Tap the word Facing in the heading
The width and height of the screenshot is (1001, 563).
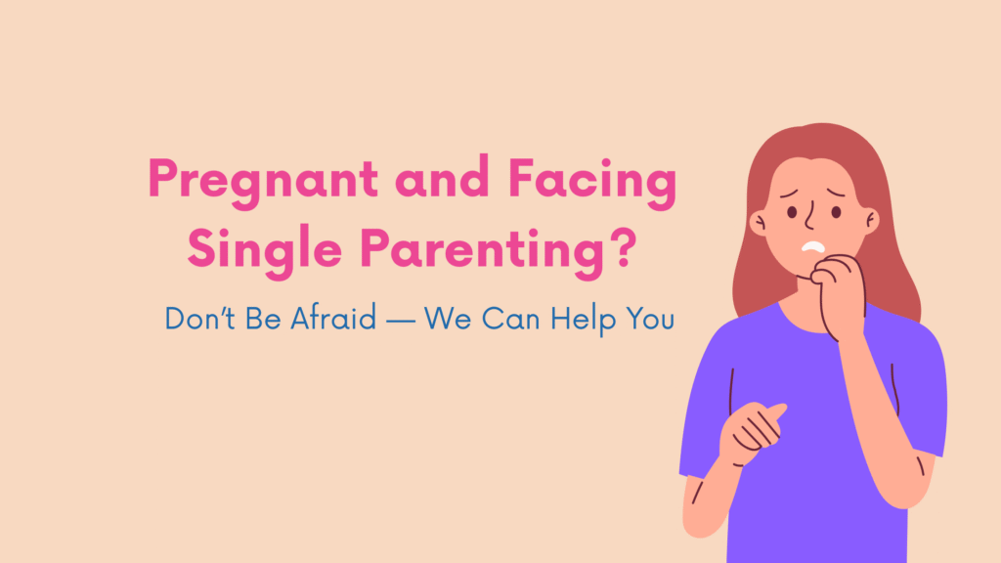pyautogui.click(x=592, y=182)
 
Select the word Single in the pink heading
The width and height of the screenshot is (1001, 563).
pyautogui.click(x=265, y=250)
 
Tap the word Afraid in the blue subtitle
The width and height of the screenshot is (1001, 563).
pyautogui.click(x=333, y=318)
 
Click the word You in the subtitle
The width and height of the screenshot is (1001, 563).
pyautogui.click(x=650, y=319)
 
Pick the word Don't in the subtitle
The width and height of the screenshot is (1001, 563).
pyautogui.click(x=200, y=318)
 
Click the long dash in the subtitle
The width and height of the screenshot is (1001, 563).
pyautogui.click(x=400, y=321)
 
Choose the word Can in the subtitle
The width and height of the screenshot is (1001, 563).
pyautogui.click(x=510, y=319)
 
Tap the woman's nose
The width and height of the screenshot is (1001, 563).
pyautogui.click(x=810, y=215)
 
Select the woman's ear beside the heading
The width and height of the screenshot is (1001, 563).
pyautogui.click(x=759, y=223)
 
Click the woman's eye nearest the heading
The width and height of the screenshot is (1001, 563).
pyautogui.click(x=792, y=212)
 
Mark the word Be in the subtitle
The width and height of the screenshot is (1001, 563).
pyautogui.click(x=263, y=318)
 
